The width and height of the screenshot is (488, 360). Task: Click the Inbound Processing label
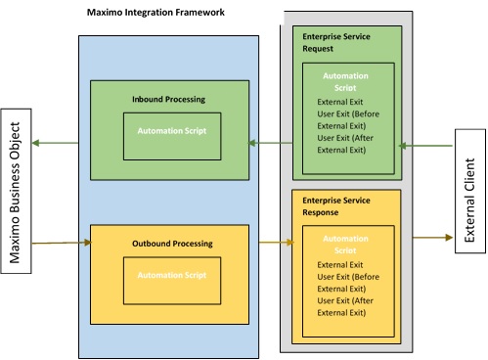pos(167,100)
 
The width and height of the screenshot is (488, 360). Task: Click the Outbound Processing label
pos(171,243)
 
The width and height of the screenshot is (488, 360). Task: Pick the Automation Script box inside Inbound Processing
pos(171,130)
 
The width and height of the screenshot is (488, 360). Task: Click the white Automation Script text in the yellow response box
pos(348,244)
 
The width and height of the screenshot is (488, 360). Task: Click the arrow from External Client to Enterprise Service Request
pos(427,146)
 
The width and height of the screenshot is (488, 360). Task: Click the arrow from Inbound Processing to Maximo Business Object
pos(60,144)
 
